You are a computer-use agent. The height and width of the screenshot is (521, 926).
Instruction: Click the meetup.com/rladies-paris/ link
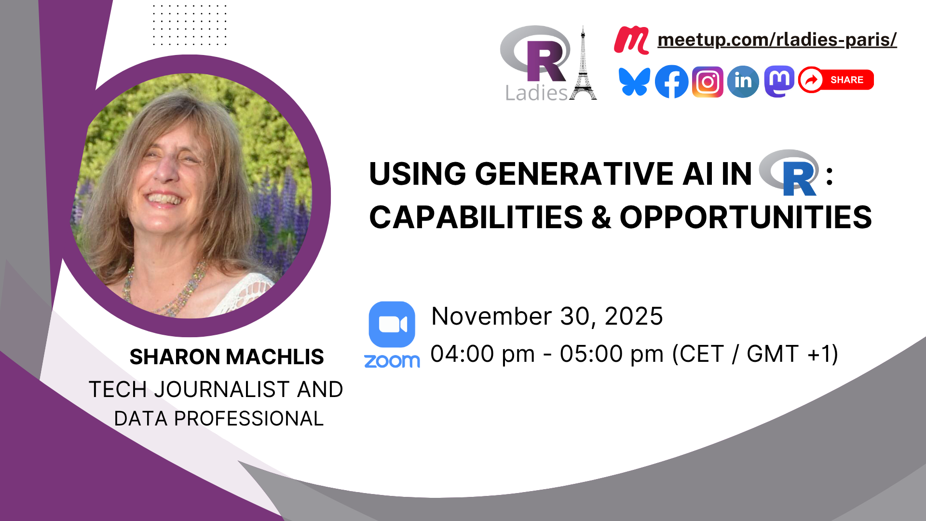coord(777,40)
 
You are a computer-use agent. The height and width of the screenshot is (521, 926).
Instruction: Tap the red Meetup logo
coord(631,40)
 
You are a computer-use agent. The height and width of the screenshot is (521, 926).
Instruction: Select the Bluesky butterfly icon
coord(634,82)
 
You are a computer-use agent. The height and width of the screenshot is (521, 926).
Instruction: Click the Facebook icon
coord(671,82)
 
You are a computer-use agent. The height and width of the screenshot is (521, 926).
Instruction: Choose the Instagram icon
coord(708,82)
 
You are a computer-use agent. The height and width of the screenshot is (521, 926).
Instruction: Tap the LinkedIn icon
coord(743,82)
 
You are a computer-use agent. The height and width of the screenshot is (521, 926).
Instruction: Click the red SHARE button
coord(836,80)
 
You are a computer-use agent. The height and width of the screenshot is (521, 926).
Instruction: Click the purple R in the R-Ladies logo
coord(545,61)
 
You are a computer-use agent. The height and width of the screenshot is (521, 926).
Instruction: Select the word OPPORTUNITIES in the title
coord(746,217)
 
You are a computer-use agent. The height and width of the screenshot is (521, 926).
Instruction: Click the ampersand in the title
coord(601,217)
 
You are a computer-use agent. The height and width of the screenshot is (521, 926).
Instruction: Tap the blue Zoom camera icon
coord(392,325)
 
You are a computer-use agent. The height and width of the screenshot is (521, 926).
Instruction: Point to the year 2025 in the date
coord(634,316)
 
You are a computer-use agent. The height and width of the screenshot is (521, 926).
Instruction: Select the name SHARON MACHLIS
coord(227,357)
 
